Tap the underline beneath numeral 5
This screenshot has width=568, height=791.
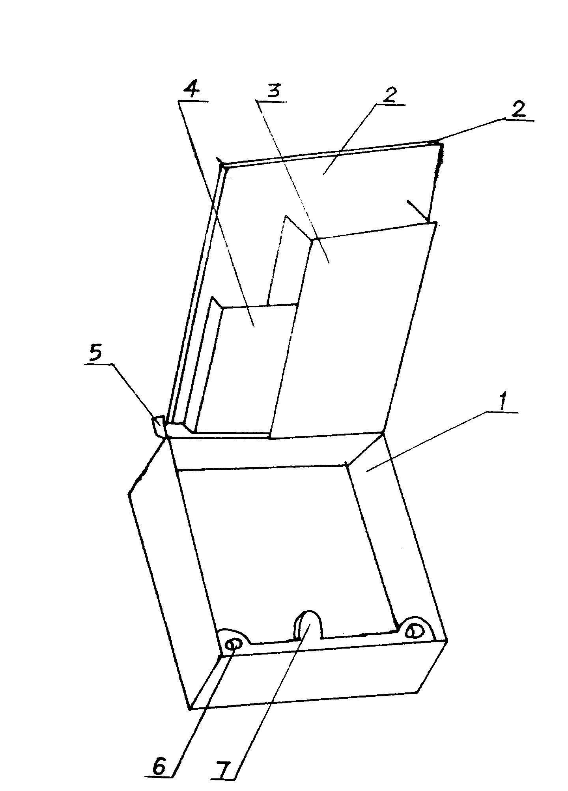pyautogui.click(x=98, y=364)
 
